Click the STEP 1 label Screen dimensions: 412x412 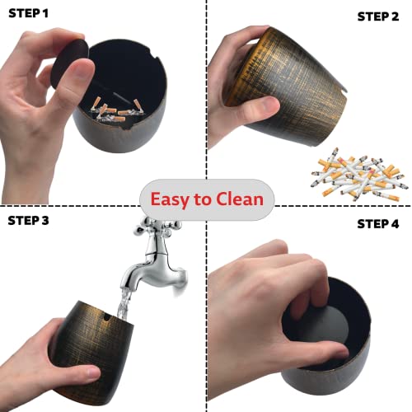[x=30, y=14]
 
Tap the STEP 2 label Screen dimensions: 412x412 [x=377, y=16]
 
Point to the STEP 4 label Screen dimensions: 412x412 [x=377, y=223]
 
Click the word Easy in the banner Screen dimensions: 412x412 [x=169, y=199]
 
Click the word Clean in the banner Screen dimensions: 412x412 [x=239, y=199]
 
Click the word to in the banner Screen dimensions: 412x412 [x=203, y=199]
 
